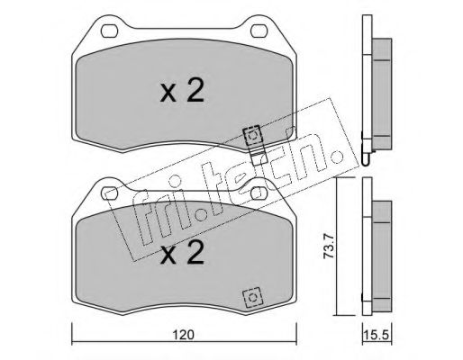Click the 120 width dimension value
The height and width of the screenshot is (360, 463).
(184, 335)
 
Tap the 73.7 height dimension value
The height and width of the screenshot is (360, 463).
(329, 247)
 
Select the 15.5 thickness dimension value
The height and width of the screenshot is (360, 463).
(377, 335)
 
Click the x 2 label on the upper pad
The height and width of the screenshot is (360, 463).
(182, 91)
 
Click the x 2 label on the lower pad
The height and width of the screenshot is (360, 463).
(182, 253)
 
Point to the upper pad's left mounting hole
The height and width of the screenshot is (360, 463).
(109, 31)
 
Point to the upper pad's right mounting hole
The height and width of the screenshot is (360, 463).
(259, 31)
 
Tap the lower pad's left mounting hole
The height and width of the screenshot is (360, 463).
(109, 193)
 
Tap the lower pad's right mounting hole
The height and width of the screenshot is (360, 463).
(259, 193)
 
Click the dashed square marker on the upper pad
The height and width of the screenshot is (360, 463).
(253, 136)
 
